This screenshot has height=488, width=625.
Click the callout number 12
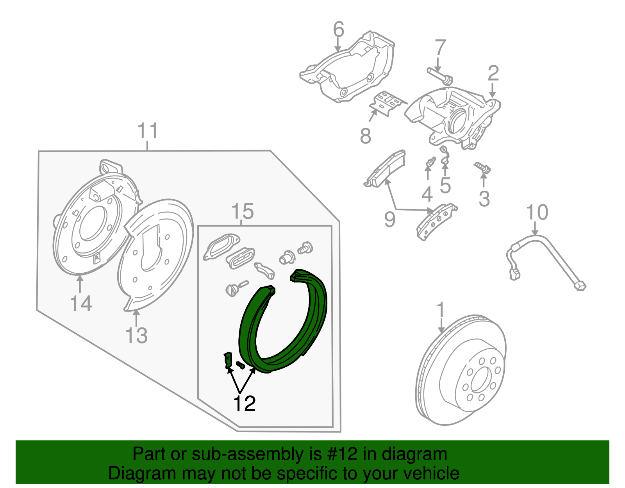tap(244, 404)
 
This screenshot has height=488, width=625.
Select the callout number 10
tap(537, 213)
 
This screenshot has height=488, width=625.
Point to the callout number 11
tap(148, 131)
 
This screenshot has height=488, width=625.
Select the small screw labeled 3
tap(483, 169)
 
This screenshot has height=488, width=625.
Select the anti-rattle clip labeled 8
tap(387, 103)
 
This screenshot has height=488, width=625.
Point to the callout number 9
tap(389, 219)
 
